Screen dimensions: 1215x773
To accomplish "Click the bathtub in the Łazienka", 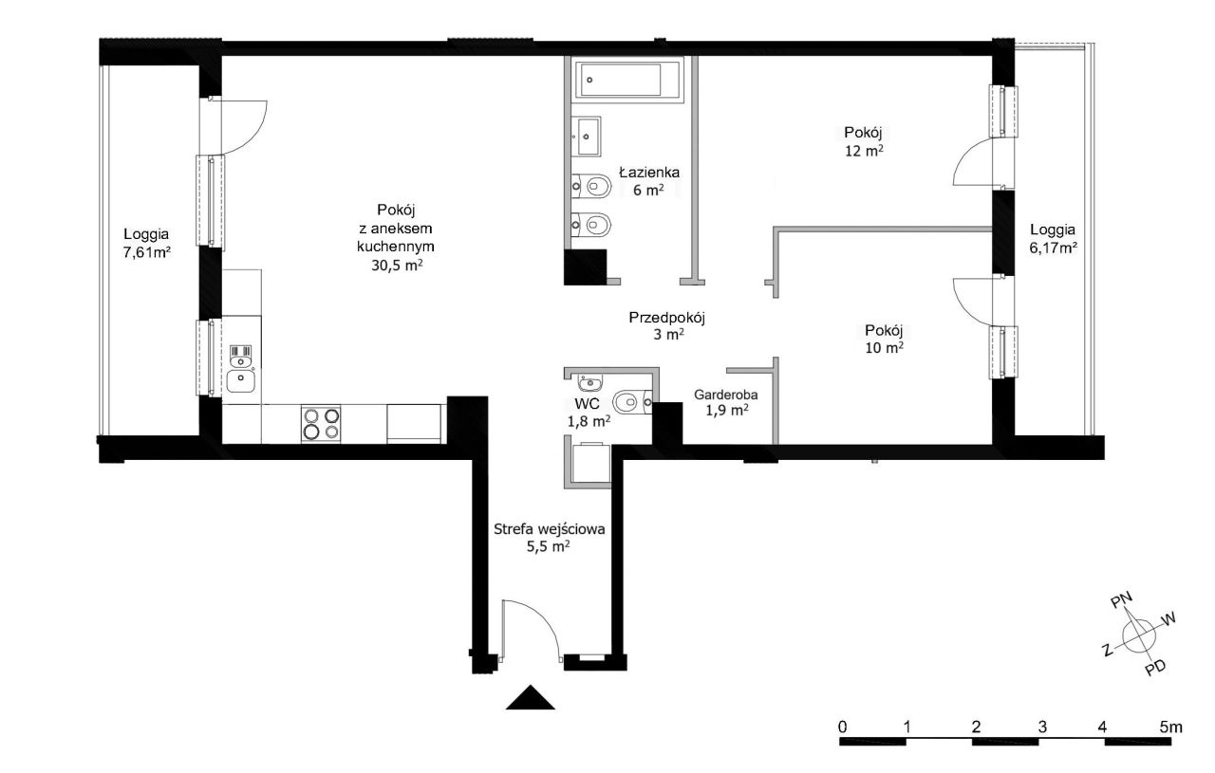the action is pos(627,80).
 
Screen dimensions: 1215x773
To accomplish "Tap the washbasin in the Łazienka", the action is pos(587,136).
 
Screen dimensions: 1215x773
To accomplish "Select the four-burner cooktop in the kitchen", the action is pos(321,423).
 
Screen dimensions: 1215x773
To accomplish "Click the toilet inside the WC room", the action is pos(632,402).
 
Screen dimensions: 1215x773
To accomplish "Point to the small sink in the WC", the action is pos(589,383).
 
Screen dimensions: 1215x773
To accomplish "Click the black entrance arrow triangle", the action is pos(530,697).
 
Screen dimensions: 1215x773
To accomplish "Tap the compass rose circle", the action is pos(1138,635).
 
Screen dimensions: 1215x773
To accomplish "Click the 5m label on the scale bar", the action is pos(1170,727).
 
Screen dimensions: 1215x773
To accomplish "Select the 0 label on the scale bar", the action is pos(842,727).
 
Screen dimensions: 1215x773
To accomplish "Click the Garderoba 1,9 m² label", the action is pos(726,403).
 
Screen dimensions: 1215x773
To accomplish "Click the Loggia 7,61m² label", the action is pos(146,243).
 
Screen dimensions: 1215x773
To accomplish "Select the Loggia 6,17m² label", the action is pos(1053,238).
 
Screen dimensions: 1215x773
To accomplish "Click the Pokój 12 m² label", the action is pos(864,141).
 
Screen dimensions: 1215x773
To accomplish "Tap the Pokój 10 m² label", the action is pos(884,339).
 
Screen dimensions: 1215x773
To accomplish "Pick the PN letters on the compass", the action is pos(1121,600).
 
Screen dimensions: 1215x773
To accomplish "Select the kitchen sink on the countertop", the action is pos(241,381).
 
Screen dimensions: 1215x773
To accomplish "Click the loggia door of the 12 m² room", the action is pos(977,161).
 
